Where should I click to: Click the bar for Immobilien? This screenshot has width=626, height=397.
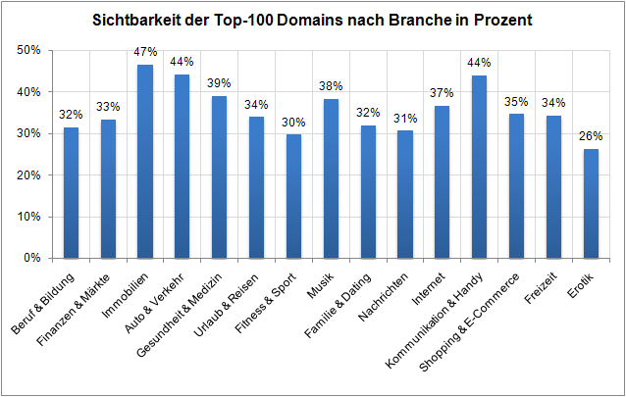pos(144,162)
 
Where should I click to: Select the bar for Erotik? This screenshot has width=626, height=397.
pos(590,204)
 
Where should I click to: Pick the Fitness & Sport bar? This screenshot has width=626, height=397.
pos(293,196)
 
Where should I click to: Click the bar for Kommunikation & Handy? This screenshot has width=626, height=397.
pos(479,167)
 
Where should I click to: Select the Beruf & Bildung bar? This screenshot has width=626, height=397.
pos(71,193)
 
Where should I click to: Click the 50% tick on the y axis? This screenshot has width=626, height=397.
pos(29,51)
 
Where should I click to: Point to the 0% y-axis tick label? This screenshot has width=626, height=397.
pos(33,259)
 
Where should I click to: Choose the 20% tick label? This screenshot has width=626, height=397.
pos(29,175)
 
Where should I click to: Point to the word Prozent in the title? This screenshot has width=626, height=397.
pos(501,20)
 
